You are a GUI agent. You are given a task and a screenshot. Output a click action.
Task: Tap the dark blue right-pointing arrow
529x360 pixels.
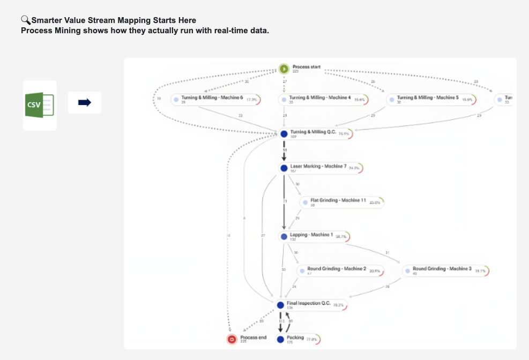pyautogui.click(x=85, y=102)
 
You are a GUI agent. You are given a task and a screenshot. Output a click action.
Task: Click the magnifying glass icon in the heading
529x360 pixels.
pyautogui.click(x=25, y=20)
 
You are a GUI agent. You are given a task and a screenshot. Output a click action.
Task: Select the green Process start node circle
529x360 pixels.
pyautogui.click(x=284, y=69)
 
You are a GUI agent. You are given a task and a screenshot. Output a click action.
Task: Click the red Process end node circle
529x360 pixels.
pyautogui.click(x=232, y=339)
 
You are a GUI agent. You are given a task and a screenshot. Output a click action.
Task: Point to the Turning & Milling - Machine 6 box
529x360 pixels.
pyautogui.click(x=215, y=100)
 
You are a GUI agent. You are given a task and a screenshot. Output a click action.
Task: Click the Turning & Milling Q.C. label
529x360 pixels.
pyautogui.click(x=313, y=132)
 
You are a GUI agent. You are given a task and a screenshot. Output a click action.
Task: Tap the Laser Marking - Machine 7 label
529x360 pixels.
pyautogui.click(x=318, y=166)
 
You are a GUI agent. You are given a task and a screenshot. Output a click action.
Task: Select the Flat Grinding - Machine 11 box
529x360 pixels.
pyautogui.click(x=342, y=202)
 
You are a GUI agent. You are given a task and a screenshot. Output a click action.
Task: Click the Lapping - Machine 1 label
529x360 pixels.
pyautogui.click(x=311, y=235)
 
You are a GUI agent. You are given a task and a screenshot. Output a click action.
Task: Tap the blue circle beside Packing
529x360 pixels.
pyautogui.click(x=280, y=339)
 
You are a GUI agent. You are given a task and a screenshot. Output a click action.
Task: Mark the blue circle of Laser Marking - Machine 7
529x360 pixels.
pyautogui.click(x=284, y=168)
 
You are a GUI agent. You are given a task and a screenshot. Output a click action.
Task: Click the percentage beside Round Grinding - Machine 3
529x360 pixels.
pyautogui.click(x=480, y=271)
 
